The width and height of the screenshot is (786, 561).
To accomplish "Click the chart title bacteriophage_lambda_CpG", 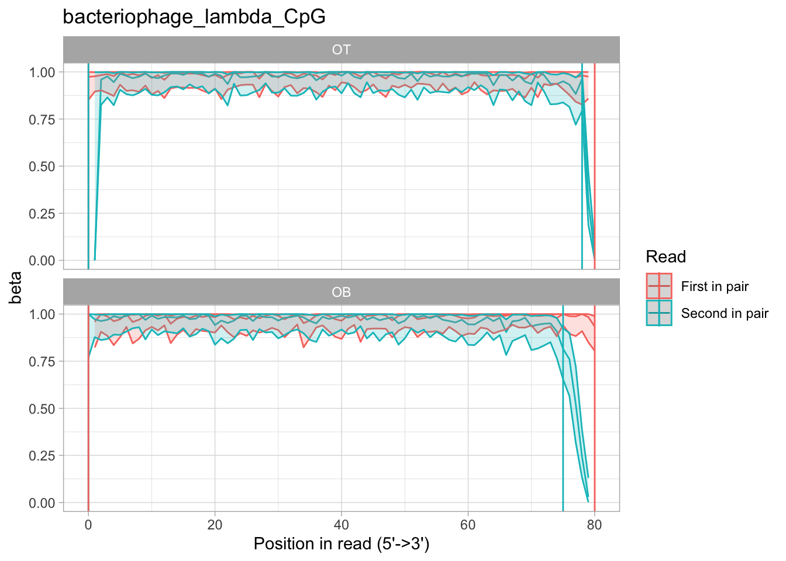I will pos(194,18).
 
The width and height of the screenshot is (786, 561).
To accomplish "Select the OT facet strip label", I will pos(341,50).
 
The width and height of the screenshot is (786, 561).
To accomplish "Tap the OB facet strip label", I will pos(341,292).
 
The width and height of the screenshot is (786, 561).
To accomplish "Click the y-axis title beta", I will pos(16,288).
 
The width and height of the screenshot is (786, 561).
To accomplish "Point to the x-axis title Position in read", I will pos(342,544).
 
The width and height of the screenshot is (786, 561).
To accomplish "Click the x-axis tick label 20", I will pos(215,524).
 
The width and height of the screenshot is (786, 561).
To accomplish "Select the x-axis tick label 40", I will pos(342,524).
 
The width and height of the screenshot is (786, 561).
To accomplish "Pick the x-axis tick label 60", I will pos(468,524).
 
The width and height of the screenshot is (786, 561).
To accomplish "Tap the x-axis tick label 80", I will pos(595,524).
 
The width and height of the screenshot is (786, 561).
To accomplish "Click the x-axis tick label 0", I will pos(88,524).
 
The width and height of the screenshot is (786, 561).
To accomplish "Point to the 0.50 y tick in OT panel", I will pos(42,167).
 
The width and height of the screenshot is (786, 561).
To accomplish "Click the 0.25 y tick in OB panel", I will pos(42,456).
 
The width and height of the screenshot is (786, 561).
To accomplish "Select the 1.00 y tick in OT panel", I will pos(42,72).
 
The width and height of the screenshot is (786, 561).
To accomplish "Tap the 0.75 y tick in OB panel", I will pos(42,362).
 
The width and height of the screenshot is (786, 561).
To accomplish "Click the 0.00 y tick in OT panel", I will pos(42,261).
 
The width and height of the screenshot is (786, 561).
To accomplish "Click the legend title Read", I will pos(666,257).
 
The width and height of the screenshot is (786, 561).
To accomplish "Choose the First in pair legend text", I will pos(715,286).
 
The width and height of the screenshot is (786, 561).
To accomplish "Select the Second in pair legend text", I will pos(724,313).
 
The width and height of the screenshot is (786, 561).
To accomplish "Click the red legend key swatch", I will pos(659,286).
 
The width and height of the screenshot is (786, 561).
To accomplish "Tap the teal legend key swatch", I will pos(659,313).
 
